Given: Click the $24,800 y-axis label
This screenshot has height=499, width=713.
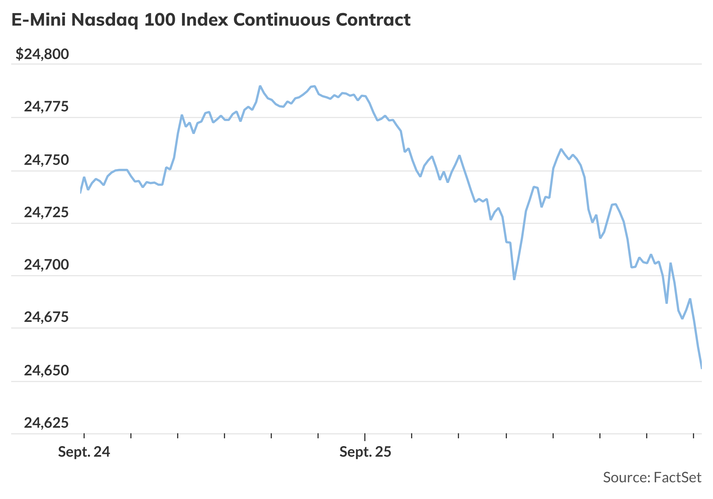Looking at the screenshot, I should click(42, 54).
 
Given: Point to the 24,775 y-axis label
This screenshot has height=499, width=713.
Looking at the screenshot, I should click(46, 107).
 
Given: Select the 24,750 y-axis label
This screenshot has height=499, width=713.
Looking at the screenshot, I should click(46, 160).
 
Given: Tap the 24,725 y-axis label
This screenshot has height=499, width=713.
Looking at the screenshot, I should click(46, 213).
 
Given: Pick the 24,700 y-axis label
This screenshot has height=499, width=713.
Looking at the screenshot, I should click(46, 265).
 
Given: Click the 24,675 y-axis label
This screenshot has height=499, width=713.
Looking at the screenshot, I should click(46, 317).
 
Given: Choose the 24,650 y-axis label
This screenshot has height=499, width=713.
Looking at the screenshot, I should click(46, 371).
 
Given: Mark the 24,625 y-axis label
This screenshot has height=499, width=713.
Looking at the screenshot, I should click(46, 423).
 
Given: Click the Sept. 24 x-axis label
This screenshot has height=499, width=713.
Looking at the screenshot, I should click(84, 452).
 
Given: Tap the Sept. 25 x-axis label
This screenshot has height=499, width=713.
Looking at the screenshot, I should click(365, 452).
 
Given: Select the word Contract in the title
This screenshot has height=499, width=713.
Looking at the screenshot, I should click(373, 20).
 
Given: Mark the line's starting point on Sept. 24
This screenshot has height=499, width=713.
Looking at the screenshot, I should click(81, 192).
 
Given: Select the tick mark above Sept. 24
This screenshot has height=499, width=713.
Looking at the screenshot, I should click(84, 436).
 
